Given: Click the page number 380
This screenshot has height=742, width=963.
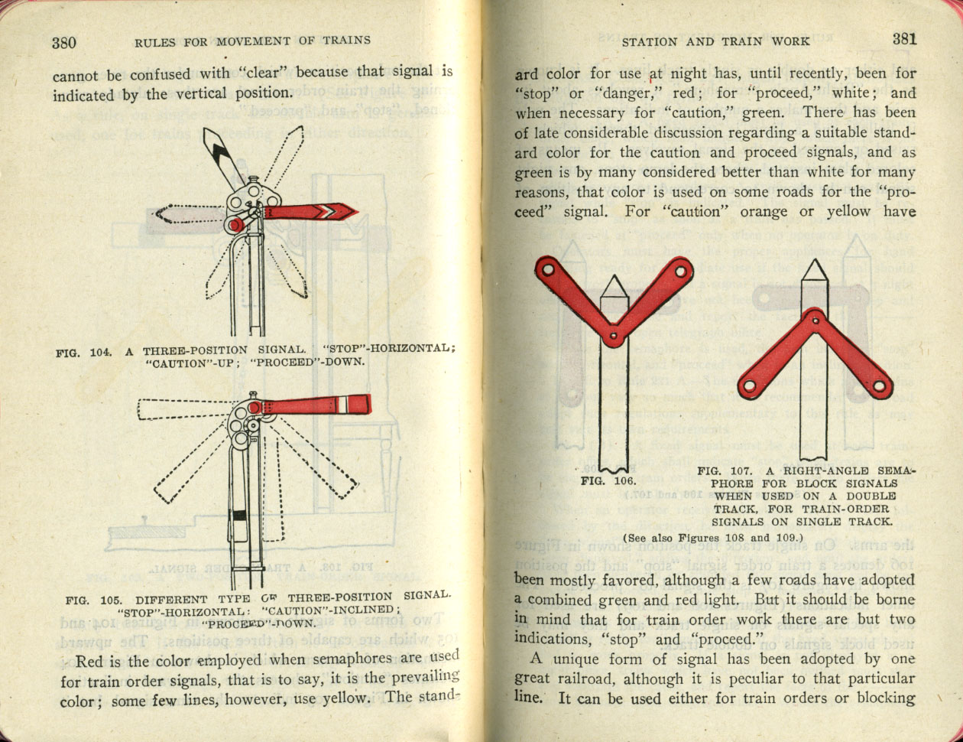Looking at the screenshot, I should (x=64, y=42).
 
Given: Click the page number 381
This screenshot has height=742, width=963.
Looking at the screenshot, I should (x=903, y=40).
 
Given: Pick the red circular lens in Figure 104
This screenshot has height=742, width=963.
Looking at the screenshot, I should (x=236, y=224).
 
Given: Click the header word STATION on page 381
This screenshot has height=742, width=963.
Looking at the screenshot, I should (x=649, y=41).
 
